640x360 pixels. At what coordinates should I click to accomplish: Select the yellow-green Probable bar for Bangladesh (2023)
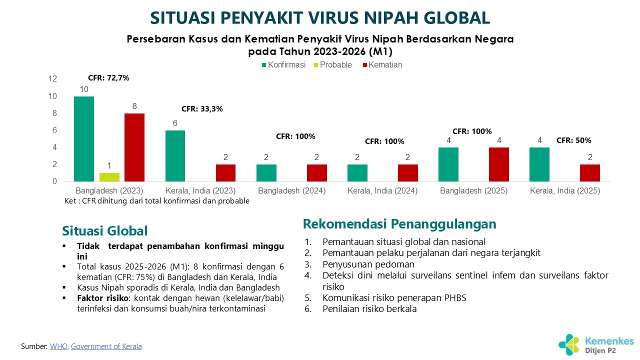[109, 177]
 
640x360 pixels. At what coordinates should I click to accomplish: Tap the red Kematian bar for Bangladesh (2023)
[134, 147]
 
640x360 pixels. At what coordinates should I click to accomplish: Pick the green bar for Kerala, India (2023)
[175, 156]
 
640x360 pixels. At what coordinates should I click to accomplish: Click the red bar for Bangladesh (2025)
[498, 164]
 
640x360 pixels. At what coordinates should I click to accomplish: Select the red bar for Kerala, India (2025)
[590, 173]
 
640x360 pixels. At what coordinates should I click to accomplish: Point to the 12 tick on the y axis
[52, 79]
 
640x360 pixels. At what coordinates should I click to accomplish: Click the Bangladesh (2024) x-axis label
[292, 191]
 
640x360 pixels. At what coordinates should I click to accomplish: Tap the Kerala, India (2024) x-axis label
[382, 191]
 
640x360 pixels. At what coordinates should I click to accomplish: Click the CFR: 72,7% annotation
[108, 78]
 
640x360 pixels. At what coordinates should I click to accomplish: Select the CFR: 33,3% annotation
[202, 108]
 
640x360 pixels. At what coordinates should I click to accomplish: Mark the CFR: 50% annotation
[574, 140]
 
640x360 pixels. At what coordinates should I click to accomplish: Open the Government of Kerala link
[106, 346]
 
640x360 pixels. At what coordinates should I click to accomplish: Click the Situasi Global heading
[105, 231]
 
